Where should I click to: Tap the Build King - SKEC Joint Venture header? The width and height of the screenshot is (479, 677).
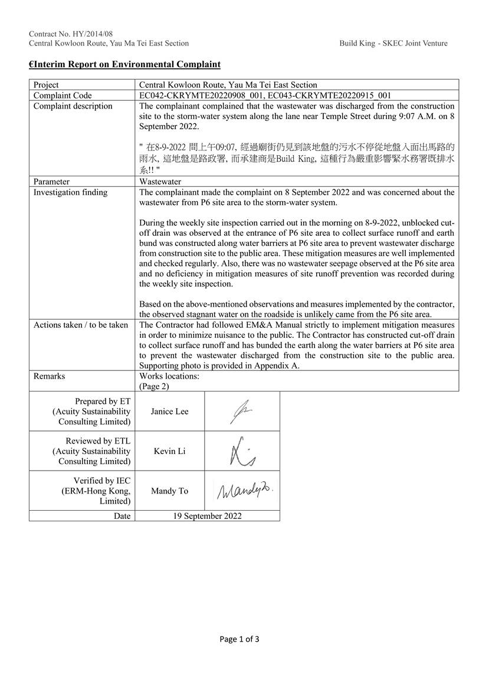click(393, 43)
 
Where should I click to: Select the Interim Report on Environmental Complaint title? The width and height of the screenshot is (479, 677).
click(125, 64)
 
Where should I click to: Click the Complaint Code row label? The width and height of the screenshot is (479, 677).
click(63, 96)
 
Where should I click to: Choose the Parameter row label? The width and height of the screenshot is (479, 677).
click(51, 182)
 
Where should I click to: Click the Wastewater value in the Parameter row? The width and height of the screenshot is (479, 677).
click(160, 182)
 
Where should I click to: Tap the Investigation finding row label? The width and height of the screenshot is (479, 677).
click(70, 192)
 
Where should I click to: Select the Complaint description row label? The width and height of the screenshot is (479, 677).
click(73, 106)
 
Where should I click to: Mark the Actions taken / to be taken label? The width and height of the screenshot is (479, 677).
click(81, 325)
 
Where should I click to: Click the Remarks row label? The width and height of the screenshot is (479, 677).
click(49, 376)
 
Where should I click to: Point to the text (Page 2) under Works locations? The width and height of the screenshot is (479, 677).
click(154, 386)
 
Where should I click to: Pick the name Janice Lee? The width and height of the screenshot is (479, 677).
click(169, 411)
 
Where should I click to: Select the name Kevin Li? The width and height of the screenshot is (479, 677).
click(169, 451)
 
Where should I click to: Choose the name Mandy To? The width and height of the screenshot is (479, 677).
click(169, 491)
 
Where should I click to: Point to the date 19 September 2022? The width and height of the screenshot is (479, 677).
click(207, 516)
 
